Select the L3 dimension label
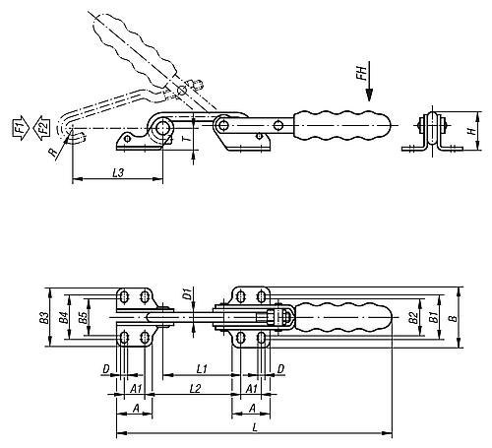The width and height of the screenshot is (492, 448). click(117, 173)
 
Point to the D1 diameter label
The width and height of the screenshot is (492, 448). click(187, 292)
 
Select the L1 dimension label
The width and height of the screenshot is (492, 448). click(200, 368)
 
